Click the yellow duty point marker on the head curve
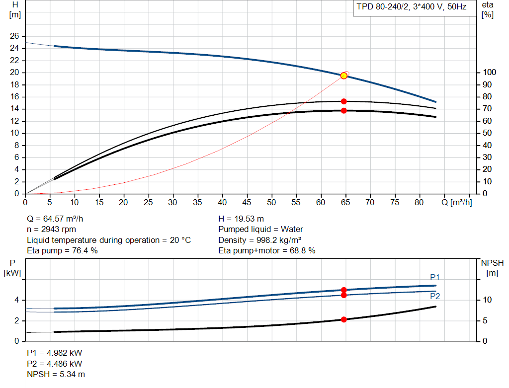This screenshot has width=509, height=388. click(344, 76)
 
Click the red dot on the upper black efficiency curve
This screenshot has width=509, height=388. click(344, 101)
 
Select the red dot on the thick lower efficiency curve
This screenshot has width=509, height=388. click(344, 111)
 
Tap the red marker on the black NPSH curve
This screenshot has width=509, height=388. click(344, 319)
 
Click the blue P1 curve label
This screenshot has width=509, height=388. click(434, 277)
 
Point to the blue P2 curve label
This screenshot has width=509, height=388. click(435, 296)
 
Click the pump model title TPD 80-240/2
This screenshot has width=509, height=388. click(382, 7)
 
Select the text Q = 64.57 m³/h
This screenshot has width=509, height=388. click(55, 219)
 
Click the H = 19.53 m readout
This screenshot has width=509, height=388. click(241, 219)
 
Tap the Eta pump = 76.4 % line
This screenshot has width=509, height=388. click(62, 251)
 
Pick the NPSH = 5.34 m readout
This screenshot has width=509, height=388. click(56, 375)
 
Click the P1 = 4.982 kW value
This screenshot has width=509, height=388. click(55, 353)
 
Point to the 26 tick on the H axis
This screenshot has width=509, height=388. click(14, 36)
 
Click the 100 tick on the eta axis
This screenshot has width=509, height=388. click(489, 73)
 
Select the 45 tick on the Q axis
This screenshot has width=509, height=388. click(247, 202)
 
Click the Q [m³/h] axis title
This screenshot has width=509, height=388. click(456, 202)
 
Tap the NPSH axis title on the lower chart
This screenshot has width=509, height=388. click(492, 268)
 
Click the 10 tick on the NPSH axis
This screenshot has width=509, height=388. click(487, 300)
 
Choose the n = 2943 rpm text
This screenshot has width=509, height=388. click(51, 230)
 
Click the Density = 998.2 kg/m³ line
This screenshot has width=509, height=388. click(259, 240)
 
